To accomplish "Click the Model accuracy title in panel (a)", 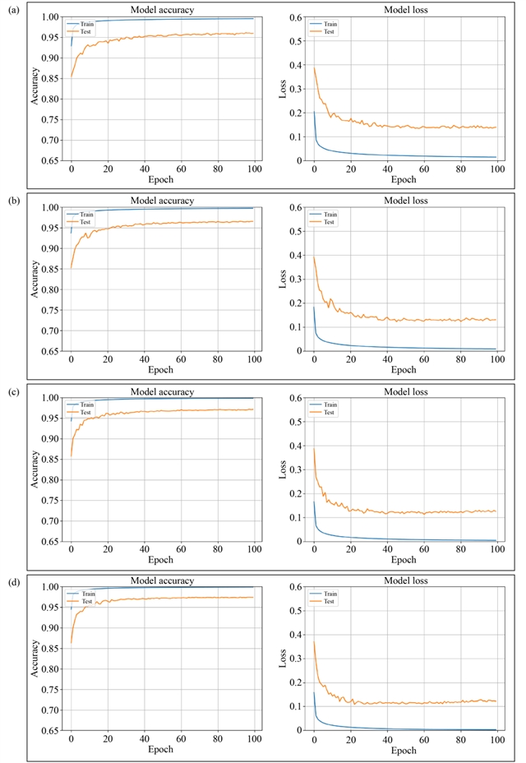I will click(x=162, y=10).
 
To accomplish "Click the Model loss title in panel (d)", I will click(x=404, y=581).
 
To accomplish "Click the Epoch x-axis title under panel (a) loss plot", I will click(x=404, y=179).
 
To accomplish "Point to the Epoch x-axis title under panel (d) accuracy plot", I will click(x=161, y=750).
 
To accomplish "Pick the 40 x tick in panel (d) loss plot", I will click(x=387, y=738).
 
